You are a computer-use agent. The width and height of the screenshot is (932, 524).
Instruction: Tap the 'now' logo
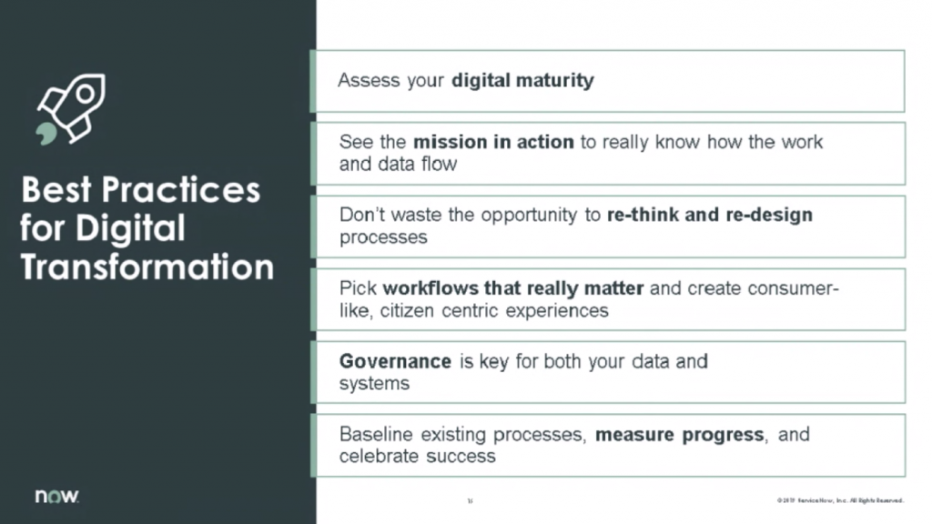click(56, 497)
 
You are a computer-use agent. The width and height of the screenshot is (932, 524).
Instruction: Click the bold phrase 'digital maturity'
click(522, 80)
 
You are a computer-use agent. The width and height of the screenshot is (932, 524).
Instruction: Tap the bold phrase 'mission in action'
click(493, 143)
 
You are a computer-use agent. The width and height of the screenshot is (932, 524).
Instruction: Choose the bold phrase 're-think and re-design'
click(709, 217)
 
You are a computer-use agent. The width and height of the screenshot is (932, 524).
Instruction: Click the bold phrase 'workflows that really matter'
click(513, 289)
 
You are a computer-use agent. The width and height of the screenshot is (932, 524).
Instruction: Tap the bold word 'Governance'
click(395, 361)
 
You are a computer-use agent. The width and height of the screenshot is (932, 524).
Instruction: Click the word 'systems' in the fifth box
click(374, 383)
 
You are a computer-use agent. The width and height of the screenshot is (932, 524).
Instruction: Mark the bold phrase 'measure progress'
click(679, 434)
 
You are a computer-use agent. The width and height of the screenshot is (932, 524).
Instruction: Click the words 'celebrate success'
click(417, 456)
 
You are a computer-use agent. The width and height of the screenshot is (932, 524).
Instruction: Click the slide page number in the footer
click(470, 500)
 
